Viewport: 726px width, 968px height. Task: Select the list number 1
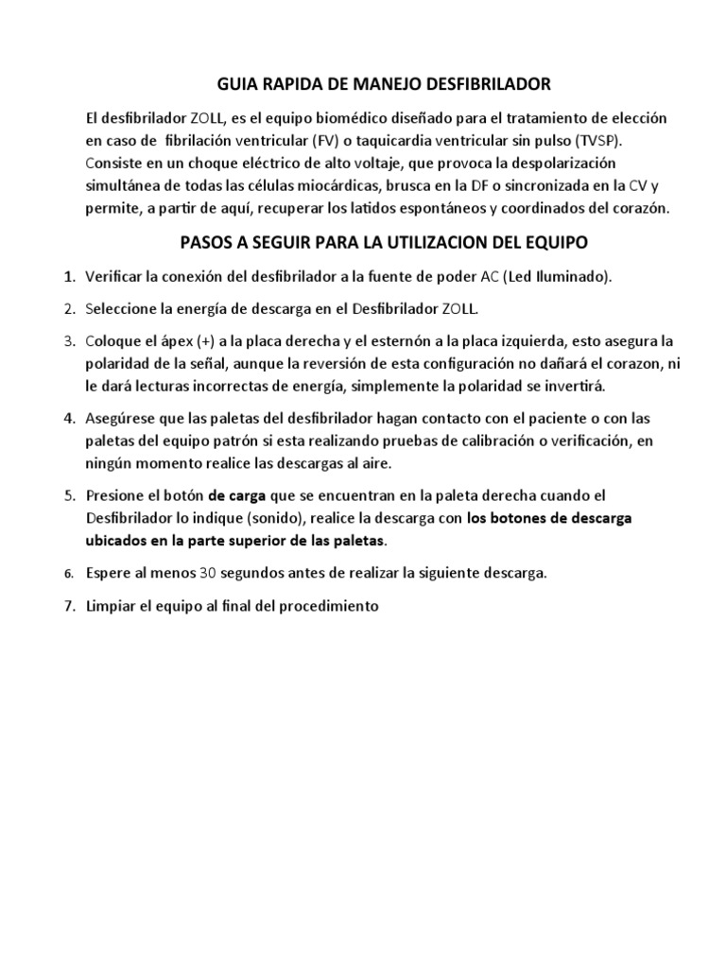tap(68, 277)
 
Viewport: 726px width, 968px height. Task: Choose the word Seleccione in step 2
tap(122, 309)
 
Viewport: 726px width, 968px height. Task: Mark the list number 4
tap(68, 418)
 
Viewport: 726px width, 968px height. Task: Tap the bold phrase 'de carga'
tap(238, 495)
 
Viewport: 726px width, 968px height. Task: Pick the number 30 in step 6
tap(208, 573)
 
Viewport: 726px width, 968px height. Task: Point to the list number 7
tap(68, 606)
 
